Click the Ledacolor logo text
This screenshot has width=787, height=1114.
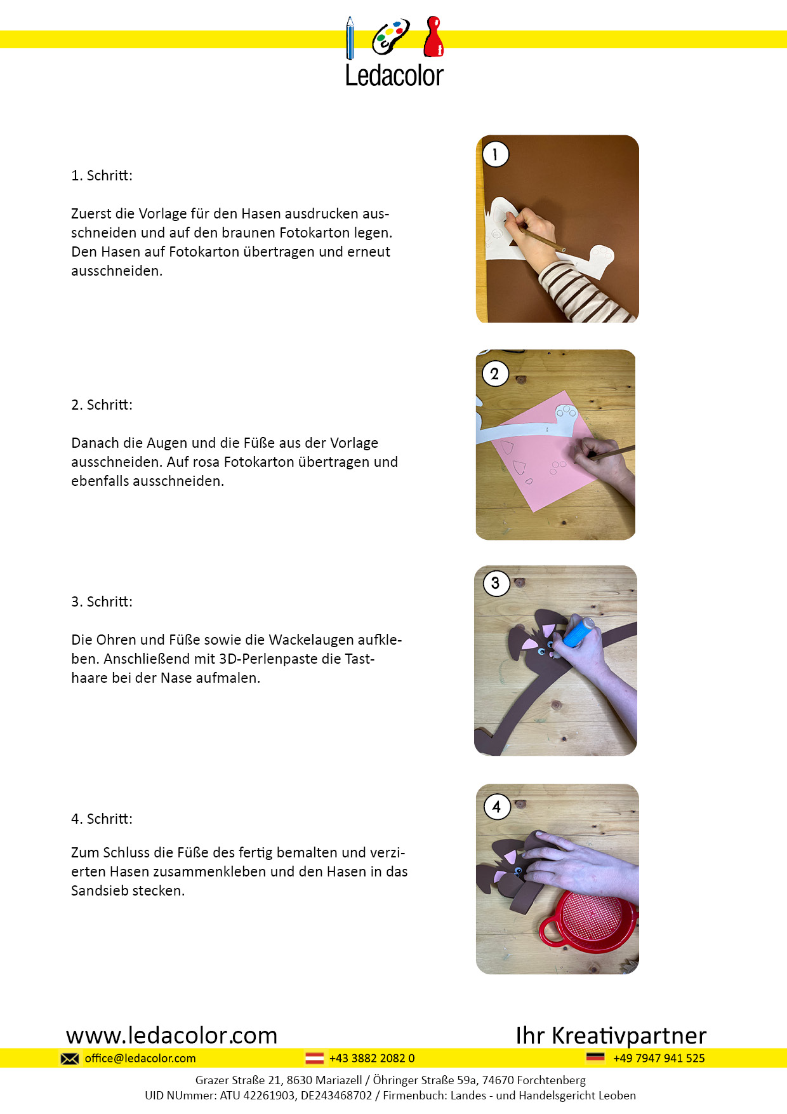coord(394,75)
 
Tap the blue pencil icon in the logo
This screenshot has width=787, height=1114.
coord(350,37)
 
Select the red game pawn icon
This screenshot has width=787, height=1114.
coord(433,36)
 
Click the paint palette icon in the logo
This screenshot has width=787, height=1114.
coord(390,37)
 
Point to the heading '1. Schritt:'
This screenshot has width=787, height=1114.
coord(102,176)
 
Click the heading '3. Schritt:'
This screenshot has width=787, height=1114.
coord(102,601)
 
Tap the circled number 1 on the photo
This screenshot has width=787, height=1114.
coord(496,154)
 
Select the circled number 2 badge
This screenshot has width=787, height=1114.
coord(495,373)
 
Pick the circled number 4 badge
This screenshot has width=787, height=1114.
coord(497,807)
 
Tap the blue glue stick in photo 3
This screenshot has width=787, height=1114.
coord(578,633)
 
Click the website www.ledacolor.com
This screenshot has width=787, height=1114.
coord(172,1035)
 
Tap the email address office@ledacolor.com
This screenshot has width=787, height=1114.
coord(140,1058)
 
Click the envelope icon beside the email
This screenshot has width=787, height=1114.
coord(70,1059)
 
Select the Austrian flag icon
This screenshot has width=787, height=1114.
coord(315,1058)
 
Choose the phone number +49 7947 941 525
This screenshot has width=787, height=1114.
coord(659,1058)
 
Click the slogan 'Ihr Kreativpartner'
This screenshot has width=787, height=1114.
coord(611,1035)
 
